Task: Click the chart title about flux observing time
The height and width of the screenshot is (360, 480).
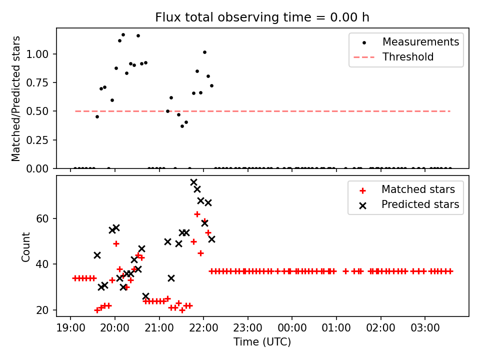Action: pyautogui.click(x=262, y=17)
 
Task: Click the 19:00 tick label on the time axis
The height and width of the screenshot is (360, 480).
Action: pyautogui.click(x=70, y=329)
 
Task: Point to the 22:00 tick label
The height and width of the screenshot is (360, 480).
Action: pyautogui.click(x=203, y=329)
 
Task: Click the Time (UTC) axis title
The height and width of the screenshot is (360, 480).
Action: pyautogui.click(x=262, y=342)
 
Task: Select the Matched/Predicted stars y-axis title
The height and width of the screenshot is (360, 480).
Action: pyautogui.click(x=16, y=98)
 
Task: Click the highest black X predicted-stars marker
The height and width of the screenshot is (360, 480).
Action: pyautogui.click(x=193, y=182)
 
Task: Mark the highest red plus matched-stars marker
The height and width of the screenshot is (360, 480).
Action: pyautogui.click(x=197, y=214)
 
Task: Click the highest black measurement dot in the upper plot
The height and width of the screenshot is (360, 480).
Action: pyautogui.click(x=123, y=35)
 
